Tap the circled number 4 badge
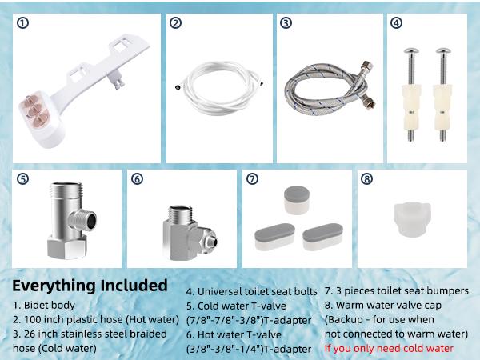tap(396, 23)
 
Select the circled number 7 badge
tap(252, 179)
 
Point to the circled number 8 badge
tap(366, 179)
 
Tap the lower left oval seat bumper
tap(274, 234)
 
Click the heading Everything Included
tap(90, 286)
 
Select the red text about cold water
tap(389, 348)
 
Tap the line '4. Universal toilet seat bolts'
tap(250, 291)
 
